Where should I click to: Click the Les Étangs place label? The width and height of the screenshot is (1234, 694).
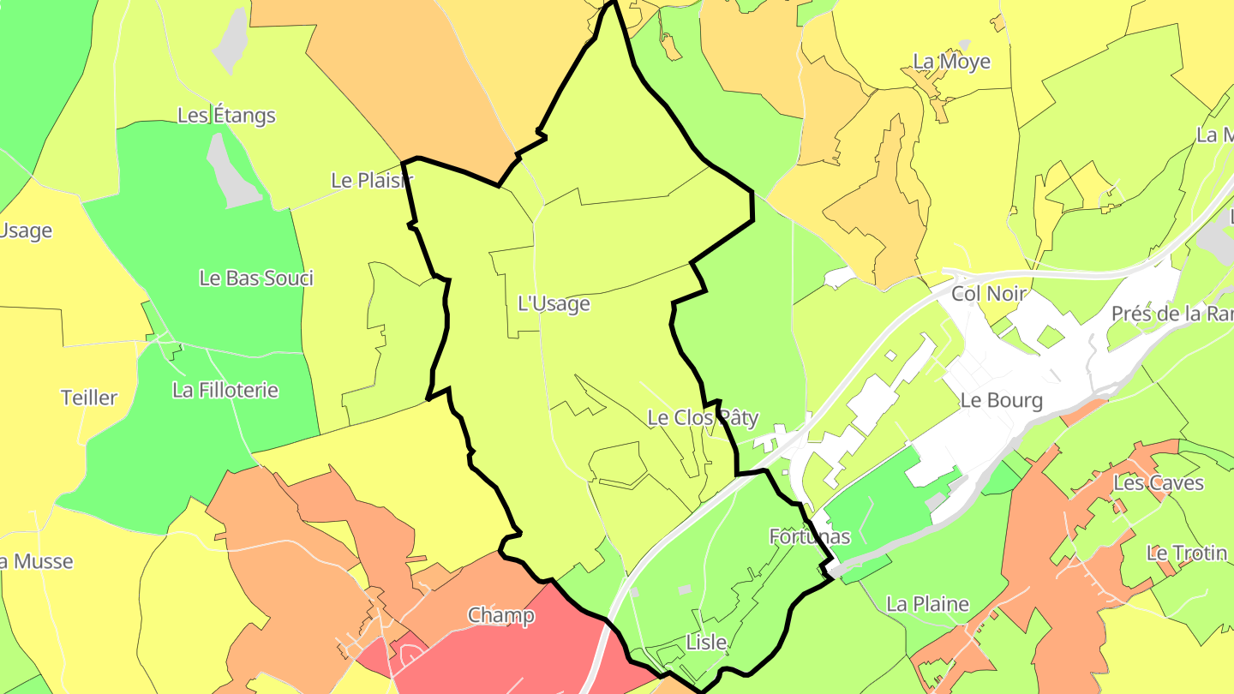point(226,115)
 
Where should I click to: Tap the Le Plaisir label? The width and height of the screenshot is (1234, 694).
point(372,181)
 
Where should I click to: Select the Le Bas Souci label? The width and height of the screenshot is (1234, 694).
point(256,278)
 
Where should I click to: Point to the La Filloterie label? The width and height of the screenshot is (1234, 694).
point(225,390)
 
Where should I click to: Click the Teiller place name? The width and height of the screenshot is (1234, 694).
point(89,398)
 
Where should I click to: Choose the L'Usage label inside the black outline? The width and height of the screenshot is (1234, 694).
point(554,303)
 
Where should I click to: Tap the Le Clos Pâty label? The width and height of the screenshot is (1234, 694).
point(703,418)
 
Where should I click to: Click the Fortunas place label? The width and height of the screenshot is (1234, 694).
point(810,536)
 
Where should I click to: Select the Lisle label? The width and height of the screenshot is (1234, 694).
point(706,643)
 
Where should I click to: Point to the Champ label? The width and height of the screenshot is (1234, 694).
point(501,615)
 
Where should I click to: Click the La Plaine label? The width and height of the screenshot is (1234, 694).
point(928,604)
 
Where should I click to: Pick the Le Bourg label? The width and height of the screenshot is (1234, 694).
point(1002,400)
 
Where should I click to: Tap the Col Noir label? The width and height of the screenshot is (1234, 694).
point(989,294)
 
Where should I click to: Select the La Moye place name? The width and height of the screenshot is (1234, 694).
point(952,62)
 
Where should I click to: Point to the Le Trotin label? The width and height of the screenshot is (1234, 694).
point(1187,553)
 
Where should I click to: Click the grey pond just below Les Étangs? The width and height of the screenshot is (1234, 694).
point(231,171)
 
